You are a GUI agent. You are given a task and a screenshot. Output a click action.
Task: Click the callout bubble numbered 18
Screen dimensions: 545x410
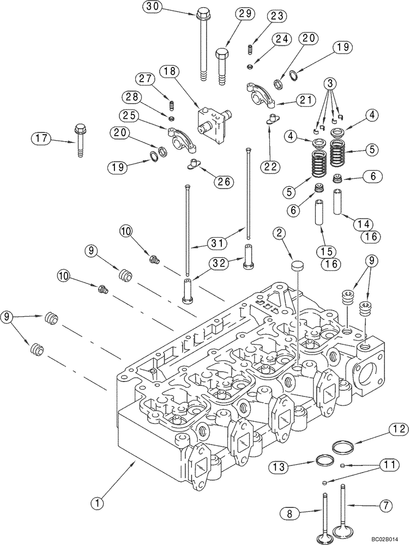pos(170,71)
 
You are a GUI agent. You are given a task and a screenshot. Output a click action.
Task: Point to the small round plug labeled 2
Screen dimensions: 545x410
pos(298,265)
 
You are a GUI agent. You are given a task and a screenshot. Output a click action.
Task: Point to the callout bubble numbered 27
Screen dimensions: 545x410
pos(144,78)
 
